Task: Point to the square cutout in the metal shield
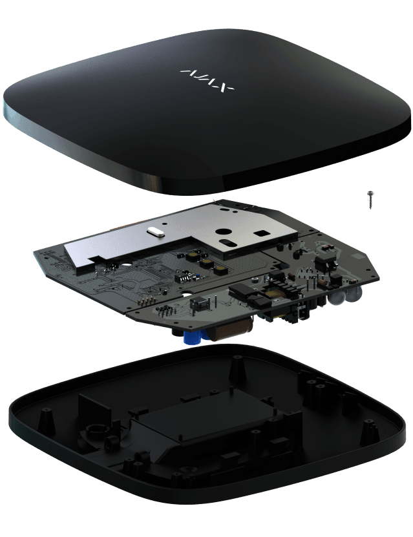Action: coord(262,231)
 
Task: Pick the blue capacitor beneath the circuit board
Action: coord(191,336)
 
